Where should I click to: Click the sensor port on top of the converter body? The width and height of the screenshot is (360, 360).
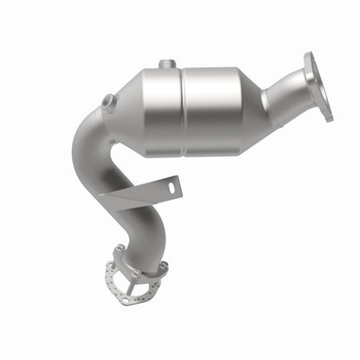click(x=165, y=64)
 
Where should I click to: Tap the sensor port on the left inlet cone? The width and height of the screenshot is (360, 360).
click(x=107, y=101)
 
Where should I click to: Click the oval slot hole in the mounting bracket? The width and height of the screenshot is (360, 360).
click(x=172, y=186)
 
